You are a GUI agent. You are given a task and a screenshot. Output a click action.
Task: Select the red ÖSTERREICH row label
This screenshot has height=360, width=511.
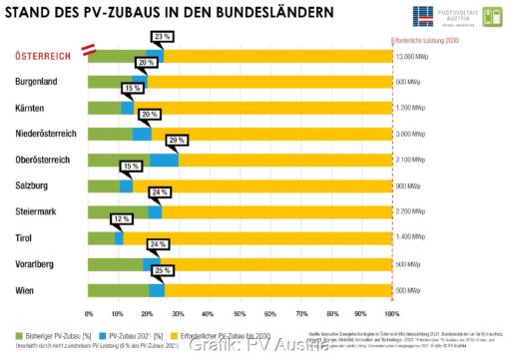(41, 56)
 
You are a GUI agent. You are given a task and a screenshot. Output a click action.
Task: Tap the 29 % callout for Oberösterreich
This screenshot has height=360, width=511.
(178, 141)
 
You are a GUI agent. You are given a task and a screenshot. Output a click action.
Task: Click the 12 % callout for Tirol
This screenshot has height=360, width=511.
(122, 218)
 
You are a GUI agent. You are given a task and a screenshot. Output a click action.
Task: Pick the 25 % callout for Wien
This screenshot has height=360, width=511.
(164, 270)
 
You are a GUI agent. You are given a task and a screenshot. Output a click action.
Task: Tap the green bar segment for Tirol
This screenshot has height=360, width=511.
(101, 237)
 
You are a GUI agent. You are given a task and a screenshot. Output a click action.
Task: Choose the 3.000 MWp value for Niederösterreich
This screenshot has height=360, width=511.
(411, 134)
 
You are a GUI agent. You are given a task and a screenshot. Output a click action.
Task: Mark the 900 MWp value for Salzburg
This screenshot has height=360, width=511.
(408, 185)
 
